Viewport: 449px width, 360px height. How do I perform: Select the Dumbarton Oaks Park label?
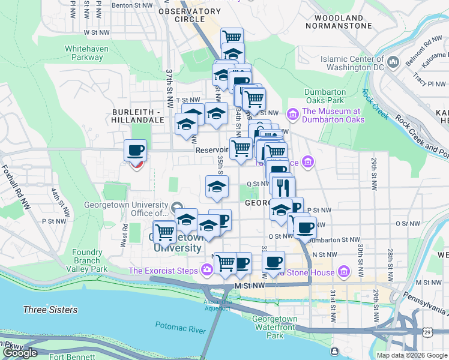tap(324, 96)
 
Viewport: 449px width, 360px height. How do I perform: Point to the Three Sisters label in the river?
tap(50, 310)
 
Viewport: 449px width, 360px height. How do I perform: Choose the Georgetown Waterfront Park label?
tap(274, 327)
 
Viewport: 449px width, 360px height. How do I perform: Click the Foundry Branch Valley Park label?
tap(87, 261)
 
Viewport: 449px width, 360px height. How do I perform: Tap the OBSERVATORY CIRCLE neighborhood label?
tap(190, 15)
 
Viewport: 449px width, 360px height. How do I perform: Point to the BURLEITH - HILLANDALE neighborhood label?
tap(137, 116)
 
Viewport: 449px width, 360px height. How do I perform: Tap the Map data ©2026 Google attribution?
tap(411, 355)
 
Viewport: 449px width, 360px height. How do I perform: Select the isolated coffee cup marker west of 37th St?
tap(135, 150)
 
